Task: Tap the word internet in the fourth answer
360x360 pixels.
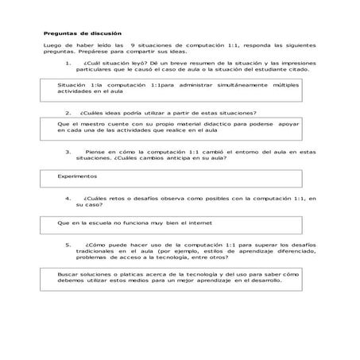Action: pyautogui.click(x=202, y=223)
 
